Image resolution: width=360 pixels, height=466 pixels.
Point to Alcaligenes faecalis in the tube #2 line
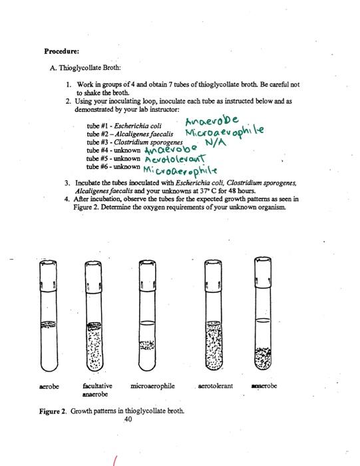coord(140,133)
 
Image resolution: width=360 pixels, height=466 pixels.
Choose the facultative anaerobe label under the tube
coord(97,389)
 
